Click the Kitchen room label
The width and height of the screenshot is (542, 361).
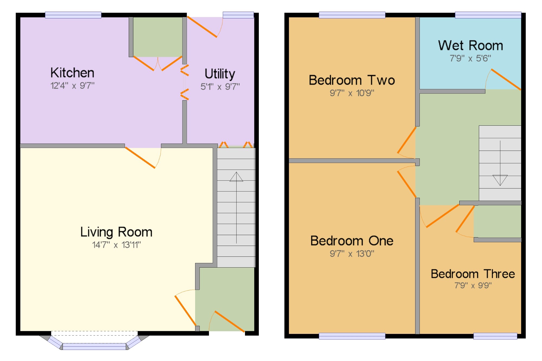click(x=72, y=73)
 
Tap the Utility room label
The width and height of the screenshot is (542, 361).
click(x=220, y=74)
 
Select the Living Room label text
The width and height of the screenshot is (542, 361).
click(x=116, y=232)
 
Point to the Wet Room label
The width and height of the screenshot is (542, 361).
click(x=470, y=45)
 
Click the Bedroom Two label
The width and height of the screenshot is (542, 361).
click(x=352, y=80)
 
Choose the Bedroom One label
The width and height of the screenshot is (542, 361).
click(x=352, y=241)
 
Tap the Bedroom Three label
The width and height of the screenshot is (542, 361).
click(x=473, y=274)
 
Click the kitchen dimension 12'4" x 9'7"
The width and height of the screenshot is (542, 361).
click(x=72, y=86)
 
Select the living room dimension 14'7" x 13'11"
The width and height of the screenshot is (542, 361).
click(x=116, y=245)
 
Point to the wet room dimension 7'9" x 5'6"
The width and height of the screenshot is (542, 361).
click(x=470, y=58)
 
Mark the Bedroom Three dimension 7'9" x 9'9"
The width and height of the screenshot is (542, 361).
click(x=473, y=285)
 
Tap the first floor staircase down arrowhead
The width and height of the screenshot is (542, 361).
click(x=500, y=180)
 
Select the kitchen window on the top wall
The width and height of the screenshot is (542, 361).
click(x=73, y=15)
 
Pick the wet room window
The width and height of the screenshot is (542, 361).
click(x=488, y=15)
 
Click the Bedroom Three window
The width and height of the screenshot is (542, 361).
click(x=495, y=336)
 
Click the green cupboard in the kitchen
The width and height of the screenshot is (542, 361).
click(x=157, y=37)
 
